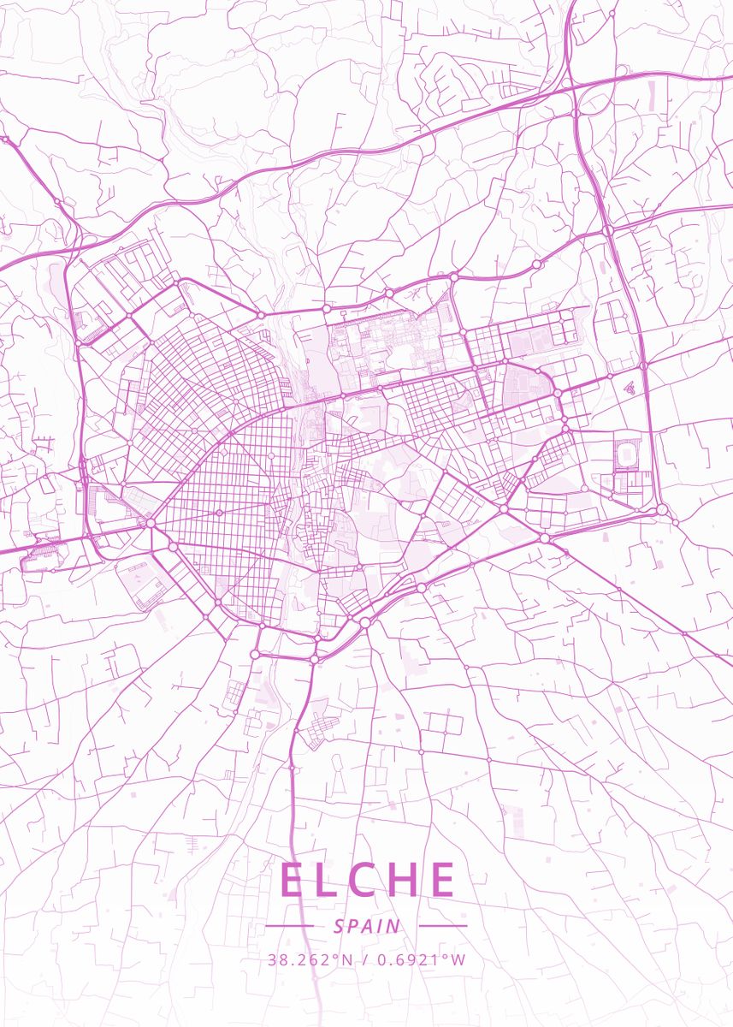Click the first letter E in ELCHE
pos(293,880)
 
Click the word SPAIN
pos(367,926)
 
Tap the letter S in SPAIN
pos(339,926)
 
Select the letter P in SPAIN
pos(352,926)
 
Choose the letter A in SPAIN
pos(367,926)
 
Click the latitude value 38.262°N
pos(310,959)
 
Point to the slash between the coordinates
pos(365,959)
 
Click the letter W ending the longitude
pos(459,959)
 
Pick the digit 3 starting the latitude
pos(272,959)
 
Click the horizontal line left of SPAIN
pos(290,926)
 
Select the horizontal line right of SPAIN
pos(443,926)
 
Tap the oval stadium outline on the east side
pos(629,452)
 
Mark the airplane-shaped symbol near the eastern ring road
pos(630,387)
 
